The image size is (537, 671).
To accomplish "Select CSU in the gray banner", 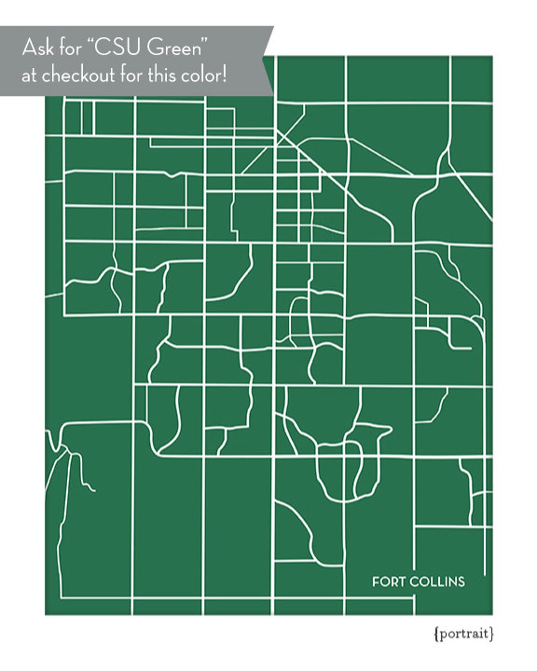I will [x=118, y=49].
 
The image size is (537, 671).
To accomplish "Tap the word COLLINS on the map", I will [x=437, y=582].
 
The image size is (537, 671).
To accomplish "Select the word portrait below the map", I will [x=463, y=634].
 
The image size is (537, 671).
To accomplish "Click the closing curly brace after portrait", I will [x=491, y=634].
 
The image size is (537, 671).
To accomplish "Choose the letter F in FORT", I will [x=375, y=582].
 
